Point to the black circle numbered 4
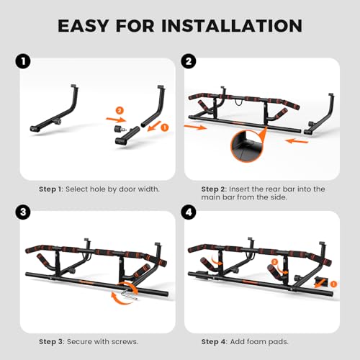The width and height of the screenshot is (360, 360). point(189,214)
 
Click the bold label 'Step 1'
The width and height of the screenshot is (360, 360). point(53,189)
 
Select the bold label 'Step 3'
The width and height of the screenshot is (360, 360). point(53,341)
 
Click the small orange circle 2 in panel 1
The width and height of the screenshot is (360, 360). point(120,110)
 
